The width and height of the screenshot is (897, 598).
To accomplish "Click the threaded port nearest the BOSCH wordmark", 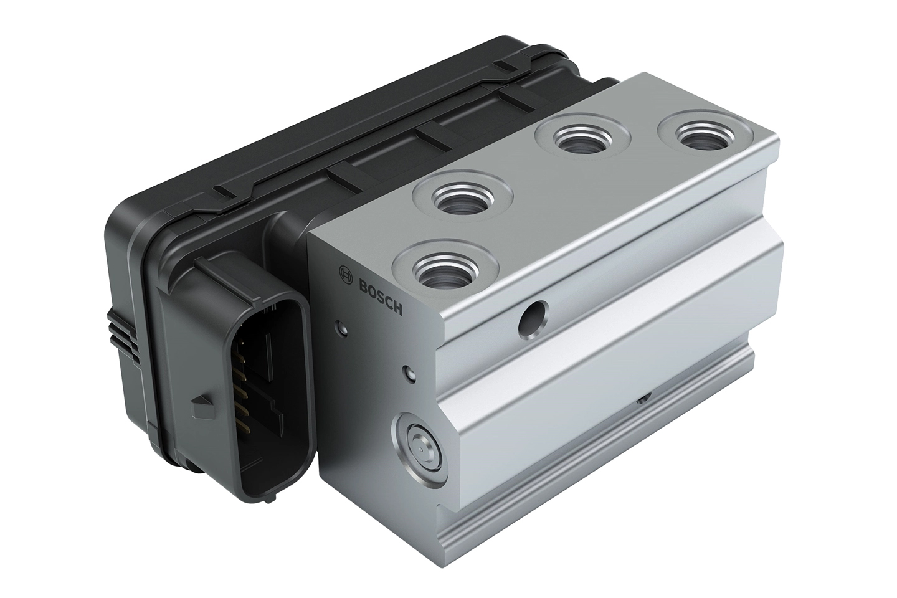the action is [x=445, y=268].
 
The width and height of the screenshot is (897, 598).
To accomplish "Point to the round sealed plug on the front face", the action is [x=419, y=450].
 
